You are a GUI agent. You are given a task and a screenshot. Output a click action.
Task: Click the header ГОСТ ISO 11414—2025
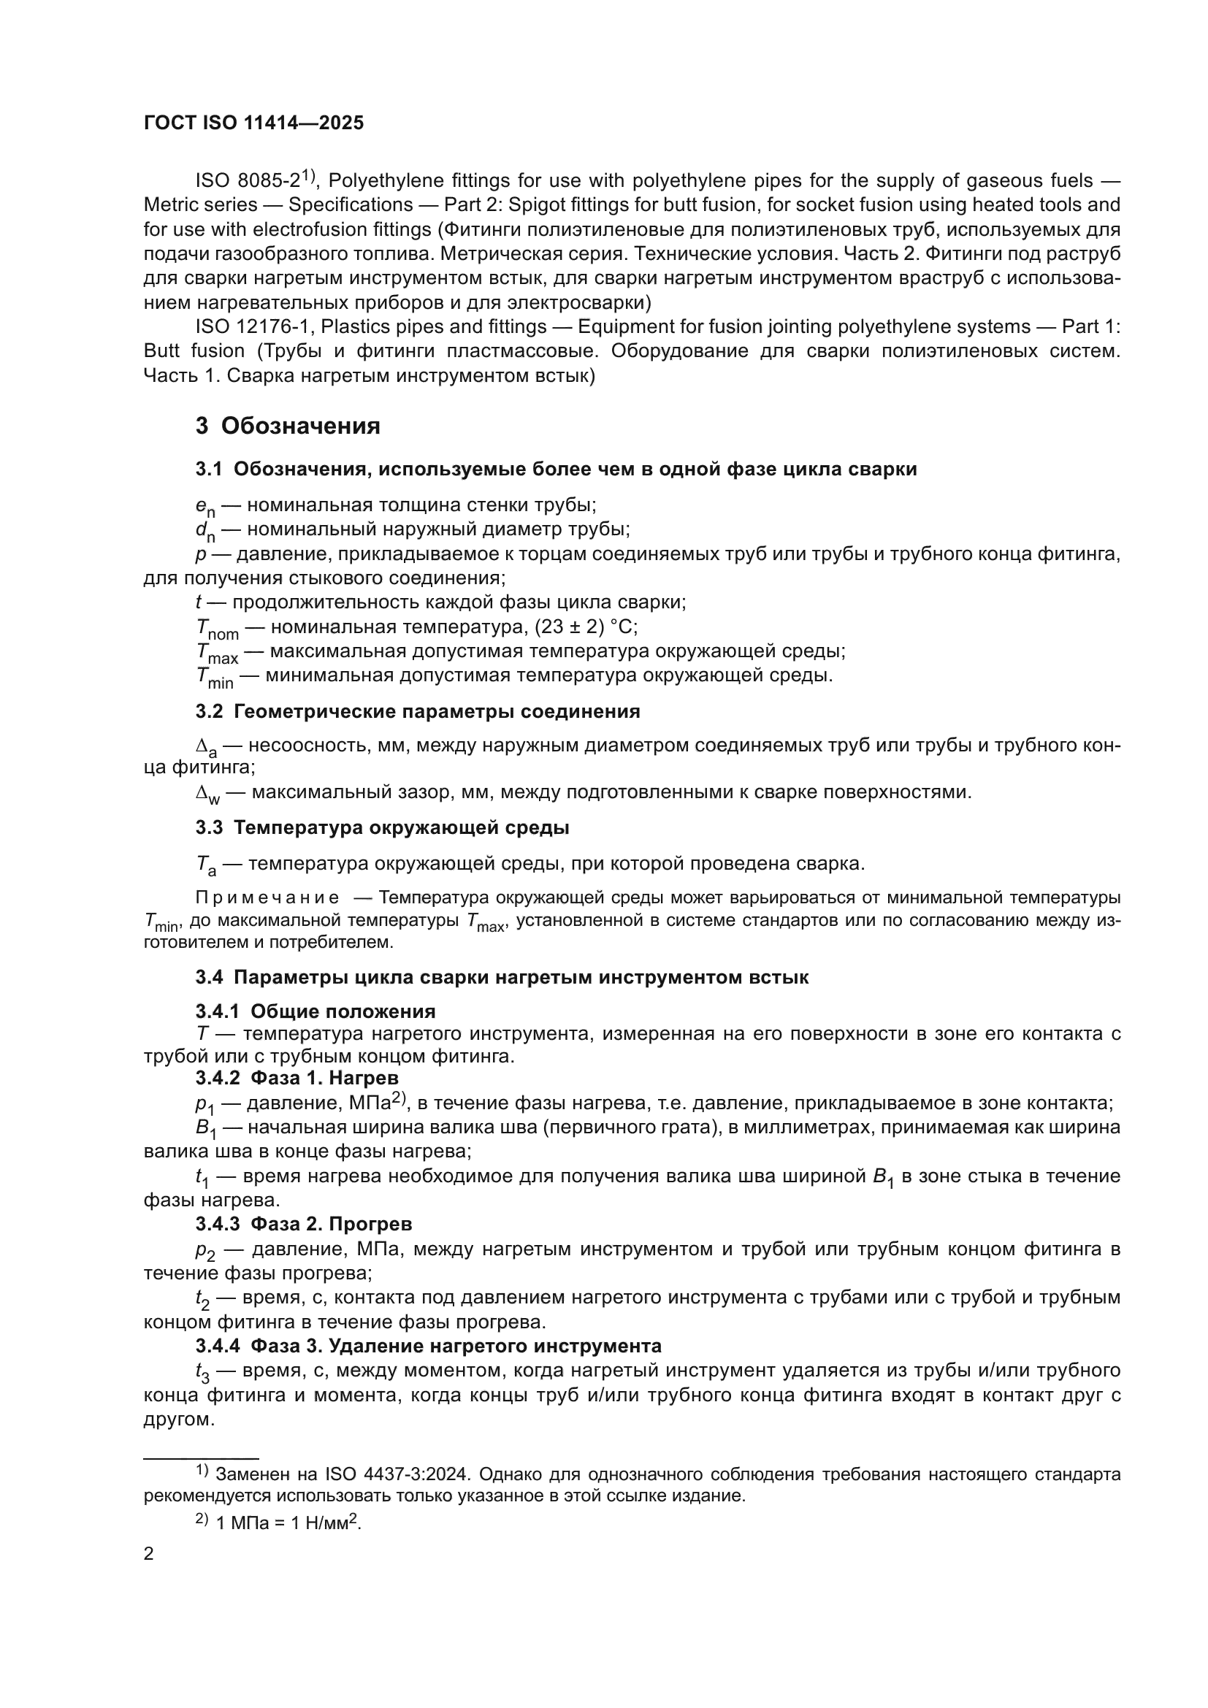[253, 123]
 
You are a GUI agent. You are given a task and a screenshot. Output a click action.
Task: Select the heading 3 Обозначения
[288, 426]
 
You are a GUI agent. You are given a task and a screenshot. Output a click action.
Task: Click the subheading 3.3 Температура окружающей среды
[382, 827]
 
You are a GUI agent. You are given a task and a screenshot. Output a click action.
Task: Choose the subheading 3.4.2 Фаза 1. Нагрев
[297, 1078]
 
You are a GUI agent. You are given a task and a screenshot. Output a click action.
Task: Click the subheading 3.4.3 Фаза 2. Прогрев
[304, 1224]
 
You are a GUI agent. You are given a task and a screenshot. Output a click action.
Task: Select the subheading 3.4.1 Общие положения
[316, 1011]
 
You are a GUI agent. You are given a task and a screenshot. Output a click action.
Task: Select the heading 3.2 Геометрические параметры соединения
[417, 711]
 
